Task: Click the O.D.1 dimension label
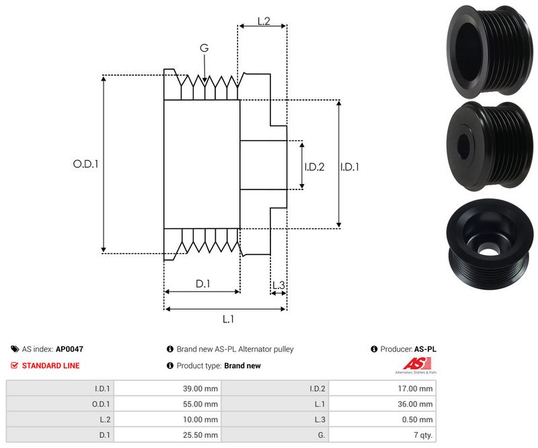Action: [85, 163]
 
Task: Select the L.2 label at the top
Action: [264, 21]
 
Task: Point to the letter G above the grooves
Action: [204, 48]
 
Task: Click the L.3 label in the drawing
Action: [278, 285]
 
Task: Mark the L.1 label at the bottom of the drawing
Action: [227, 320]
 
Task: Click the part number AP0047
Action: [69, 349]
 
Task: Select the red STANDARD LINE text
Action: [50, 365]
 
